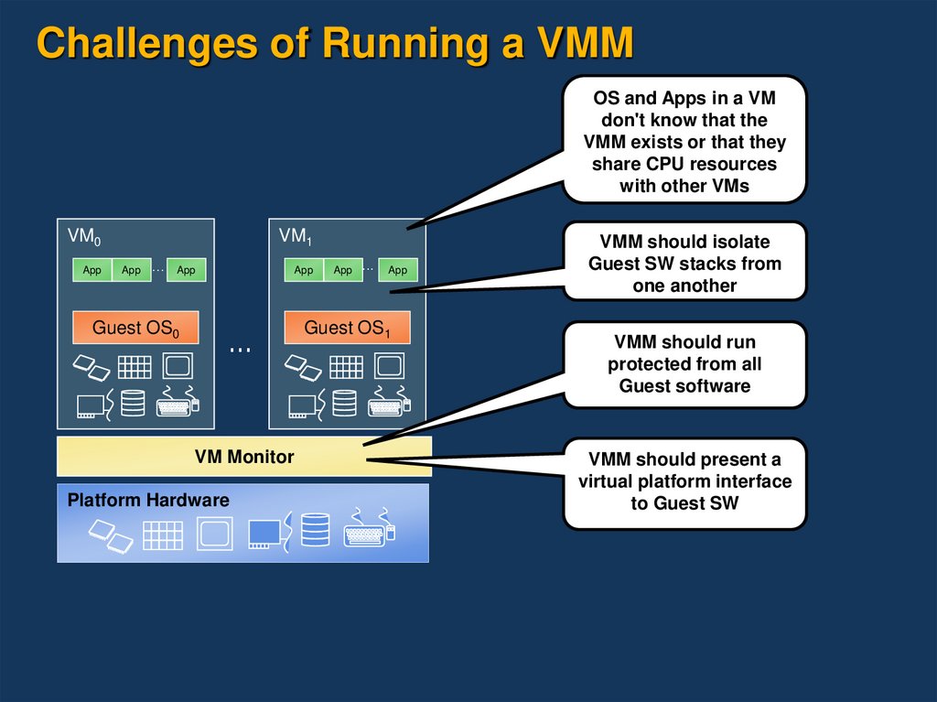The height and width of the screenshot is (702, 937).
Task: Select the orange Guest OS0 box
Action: coord(135,328)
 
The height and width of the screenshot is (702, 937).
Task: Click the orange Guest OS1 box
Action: coord(347,328)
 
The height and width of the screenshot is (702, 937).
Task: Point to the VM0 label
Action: coord(84,237)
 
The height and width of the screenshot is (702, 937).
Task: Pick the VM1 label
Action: coord(296,237)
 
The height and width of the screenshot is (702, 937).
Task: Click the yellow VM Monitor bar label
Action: coord(244,456)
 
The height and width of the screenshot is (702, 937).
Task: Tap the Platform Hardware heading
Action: coord(148,501)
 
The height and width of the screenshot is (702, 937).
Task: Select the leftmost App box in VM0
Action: coord(92,270)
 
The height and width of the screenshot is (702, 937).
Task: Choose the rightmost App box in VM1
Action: coord(398,270)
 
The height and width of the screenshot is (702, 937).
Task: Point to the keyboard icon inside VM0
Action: coord(178,402)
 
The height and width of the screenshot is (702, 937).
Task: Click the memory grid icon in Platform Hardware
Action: coord(163,534)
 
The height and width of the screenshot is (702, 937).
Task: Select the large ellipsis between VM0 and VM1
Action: coord(241,349)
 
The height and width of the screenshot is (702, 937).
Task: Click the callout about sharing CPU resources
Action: coord(684,141)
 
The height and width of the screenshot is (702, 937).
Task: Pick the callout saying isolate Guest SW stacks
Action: coord(684,264)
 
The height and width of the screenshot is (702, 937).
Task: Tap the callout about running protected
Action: coord(684,363)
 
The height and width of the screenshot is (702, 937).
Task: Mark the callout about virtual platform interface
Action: coord(684,481)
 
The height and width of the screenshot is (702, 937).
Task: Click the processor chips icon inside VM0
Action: coord(90,366)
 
